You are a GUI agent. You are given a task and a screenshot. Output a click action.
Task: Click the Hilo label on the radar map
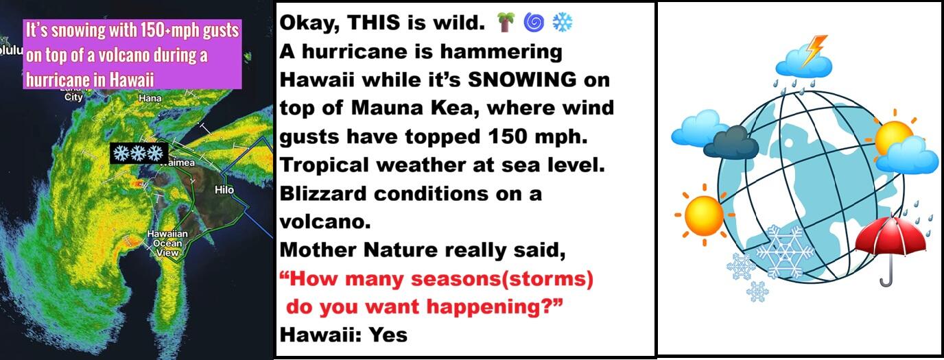224,190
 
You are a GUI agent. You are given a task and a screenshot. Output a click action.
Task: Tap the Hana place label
150,98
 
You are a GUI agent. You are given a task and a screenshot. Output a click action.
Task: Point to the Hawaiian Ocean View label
167,243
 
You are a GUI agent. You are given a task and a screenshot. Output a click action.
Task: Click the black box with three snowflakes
139,154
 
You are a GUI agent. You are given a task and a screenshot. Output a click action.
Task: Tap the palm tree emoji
506,22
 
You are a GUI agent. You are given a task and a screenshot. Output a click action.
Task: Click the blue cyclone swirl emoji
534,23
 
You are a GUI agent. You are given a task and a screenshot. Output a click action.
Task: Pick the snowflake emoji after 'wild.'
563,23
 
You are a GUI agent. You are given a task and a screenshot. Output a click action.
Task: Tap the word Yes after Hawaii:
388,335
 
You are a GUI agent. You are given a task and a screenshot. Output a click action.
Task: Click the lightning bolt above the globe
814,51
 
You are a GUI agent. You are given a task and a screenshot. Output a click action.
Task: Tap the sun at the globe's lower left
704,215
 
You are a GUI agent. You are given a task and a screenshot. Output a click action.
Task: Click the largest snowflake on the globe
785,252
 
